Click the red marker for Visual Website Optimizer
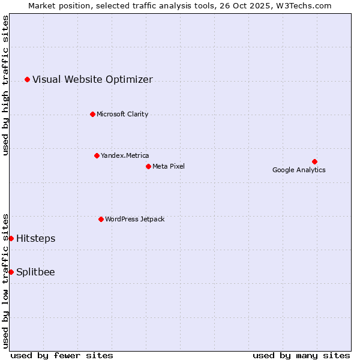(27, 79)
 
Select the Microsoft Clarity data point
(92, 114)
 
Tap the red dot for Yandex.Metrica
(97, 155)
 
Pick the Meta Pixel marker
(148, 166)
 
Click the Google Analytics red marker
(314, 161)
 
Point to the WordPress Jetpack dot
(101, 219)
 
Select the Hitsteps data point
(11, 238)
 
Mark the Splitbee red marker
(11, 272)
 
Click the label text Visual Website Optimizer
(92, 79)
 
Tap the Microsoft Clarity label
(122, 114)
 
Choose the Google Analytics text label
(299, 170)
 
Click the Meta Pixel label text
(169, 166)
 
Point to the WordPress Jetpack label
(134, 219)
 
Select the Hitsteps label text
(35, 238)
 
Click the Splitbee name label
(35, 272)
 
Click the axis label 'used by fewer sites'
(62, 355)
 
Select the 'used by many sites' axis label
(301, 355)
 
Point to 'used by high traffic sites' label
(5, 85)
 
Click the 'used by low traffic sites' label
(5, 281)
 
